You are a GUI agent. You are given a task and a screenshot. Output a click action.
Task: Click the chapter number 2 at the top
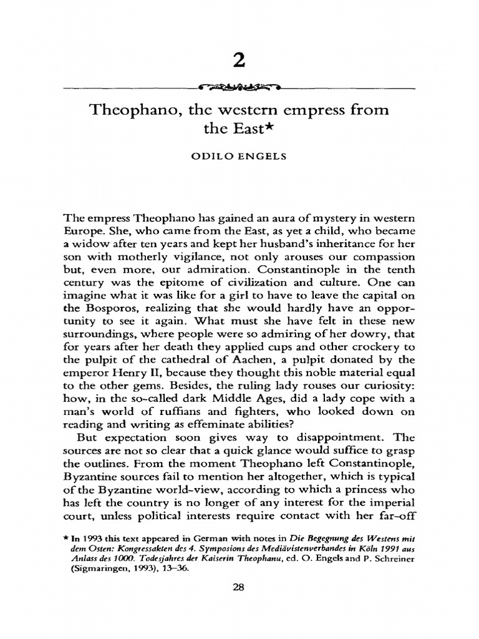(x=239, y=64)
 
